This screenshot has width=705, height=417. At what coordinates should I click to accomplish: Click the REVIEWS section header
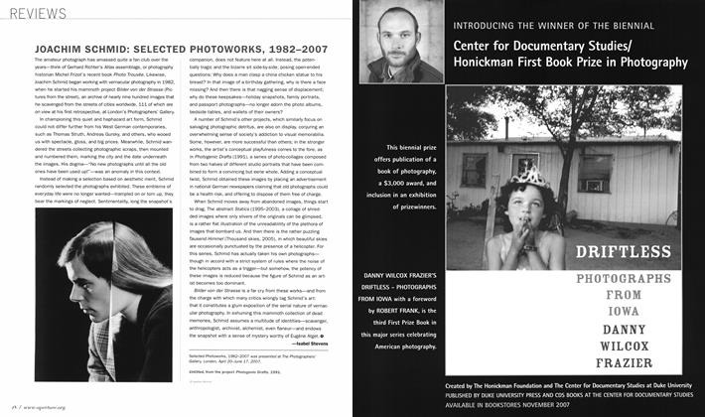point(41,14)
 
